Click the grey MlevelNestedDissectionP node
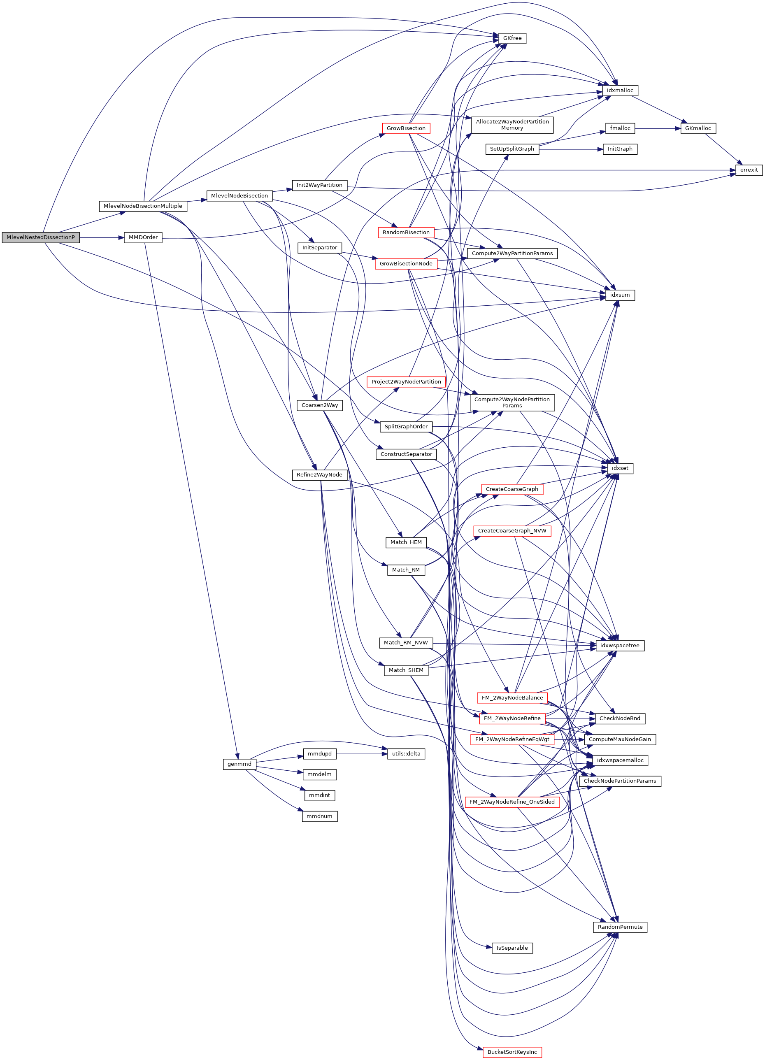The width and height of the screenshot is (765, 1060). point(41,237)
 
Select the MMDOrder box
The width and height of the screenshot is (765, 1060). point(143,237)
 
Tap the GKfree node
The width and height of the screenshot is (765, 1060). point(512,38)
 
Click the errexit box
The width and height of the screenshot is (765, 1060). point(749,170)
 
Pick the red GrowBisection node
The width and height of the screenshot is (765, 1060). point(406,128)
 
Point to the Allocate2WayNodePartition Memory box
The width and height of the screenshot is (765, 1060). point(512,125)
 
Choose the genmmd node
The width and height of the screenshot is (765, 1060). point(239,764)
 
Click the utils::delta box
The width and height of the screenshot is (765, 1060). point(406,754)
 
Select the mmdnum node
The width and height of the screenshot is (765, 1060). point(319,816)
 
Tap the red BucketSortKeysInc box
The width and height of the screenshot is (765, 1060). point(512,1052)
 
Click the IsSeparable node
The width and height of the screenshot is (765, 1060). point(512,948)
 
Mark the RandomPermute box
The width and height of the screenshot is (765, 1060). point(620,927)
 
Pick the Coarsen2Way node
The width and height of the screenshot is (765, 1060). point(320,405)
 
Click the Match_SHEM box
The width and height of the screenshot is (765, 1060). point(406,670)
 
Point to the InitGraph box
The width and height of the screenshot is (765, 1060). point(620,149)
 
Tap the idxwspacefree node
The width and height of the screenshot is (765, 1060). point(620,646)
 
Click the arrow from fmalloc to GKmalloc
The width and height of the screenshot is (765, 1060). point(657,128)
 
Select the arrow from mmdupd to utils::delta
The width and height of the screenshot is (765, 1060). point(361,754)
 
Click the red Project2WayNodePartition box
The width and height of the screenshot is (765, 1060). point(406,382)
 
